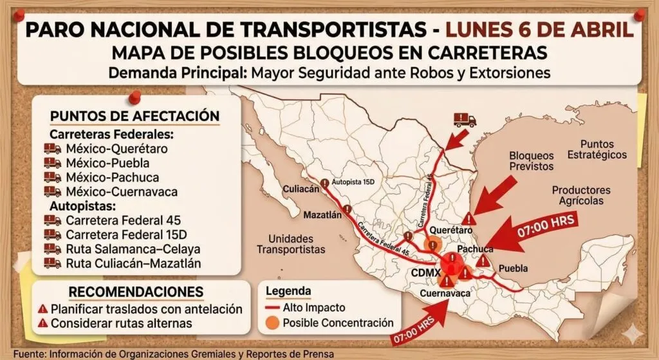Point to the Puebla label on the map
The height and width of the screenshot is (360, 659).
coord(514,268)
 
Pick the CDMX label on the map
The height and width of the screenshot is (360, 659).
coord(425,272)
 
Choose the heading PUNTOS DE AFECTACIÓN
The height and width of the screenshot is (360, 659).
coord(135,116)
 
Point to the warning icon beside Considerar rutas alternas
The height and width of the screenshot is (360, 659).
coord(43,323)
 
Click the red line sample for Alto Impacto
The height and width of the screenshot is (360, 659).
coord(272,308)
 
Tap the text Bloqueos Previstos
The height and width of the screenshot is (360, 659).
coord(531,161)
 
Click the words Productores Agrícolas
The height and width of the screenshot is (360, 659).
coord(581,195)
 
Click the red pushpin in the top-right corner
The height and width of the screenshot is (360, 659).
coord(639,15)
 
